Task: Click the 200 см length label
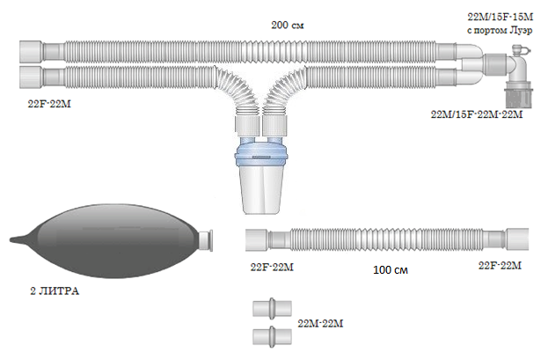click(288, 26)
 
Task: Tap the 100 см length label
click(391, 270)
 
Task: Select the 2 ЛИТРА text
click(55, 291)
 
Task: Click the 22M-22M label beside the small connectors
click(320, 324)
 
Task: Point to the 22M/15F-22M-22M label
click(477, 114)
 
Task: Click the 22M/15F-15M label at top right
click(501, 17)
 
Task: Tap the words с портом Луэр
click(500, 31)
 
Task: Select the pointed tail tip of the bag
click(11, 239)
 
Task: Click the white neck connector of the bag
click(206, 240)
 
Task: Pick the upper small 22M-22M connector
click(272, 309)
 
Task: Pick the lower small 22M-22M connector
click(272, 336)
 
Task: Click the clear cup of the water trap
click(263, 191)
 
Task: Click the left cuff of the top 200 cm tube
click(31, 51)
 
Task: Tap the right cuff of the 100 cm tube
click(517, 239)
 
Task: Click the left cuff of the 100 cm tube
click(257, 240)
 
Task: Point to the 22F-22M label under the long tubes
click(49, 104)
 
